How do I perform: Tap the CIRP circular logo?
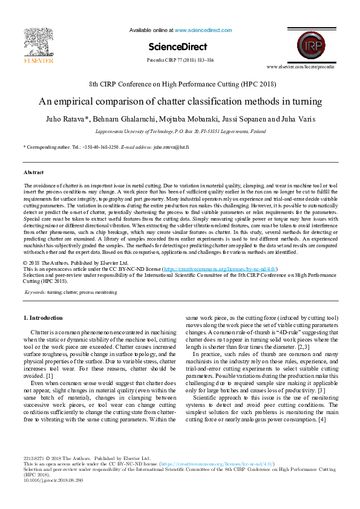[x=311, y=46]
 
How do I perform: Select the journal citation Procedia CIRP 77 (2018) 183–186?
[x=180, y=60]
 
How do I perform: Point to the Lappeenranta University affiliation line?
[x=180, y=131]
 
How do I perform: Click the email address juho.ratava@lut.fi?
[x=171, y=147]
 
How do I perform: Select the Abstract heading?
[x=33, y=172]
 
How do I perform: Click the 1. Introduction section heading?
[x=42, y=317]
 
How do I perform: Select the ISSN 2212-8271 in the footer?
[x=34, y=476]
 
